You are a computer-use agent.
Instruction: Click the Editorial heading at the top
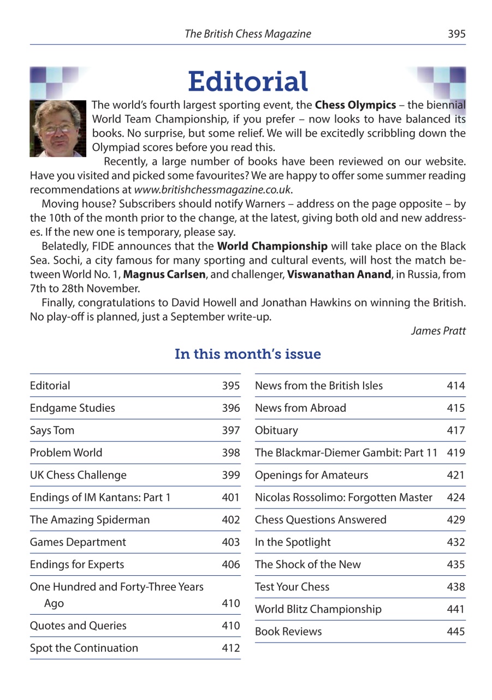(248, 81)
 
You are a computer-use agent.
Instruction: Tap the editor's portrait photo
(58, 128)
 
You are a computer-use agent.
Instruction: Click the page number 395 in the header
(457, 34)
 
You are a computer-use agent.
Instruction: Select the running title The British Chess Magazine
(248, 34)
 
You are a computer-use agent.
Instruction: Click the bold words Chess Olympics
(355, 105)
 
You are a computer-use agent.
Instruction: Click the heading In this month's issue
(248, 354)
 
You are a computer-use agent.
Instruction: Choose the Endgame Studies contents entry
(73, 408)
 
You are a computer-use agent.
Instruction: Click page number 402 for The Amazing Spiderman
(230, 520)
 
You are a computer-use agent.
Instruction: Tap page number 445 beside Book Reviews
(455, 632)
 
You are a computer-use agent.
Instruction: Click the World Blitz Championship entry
(318, 609)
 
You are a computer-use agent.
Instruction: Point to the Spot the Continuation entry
(84, 648)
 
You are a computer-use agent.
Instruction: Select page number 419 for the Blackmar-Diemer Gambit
(455, 453)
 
